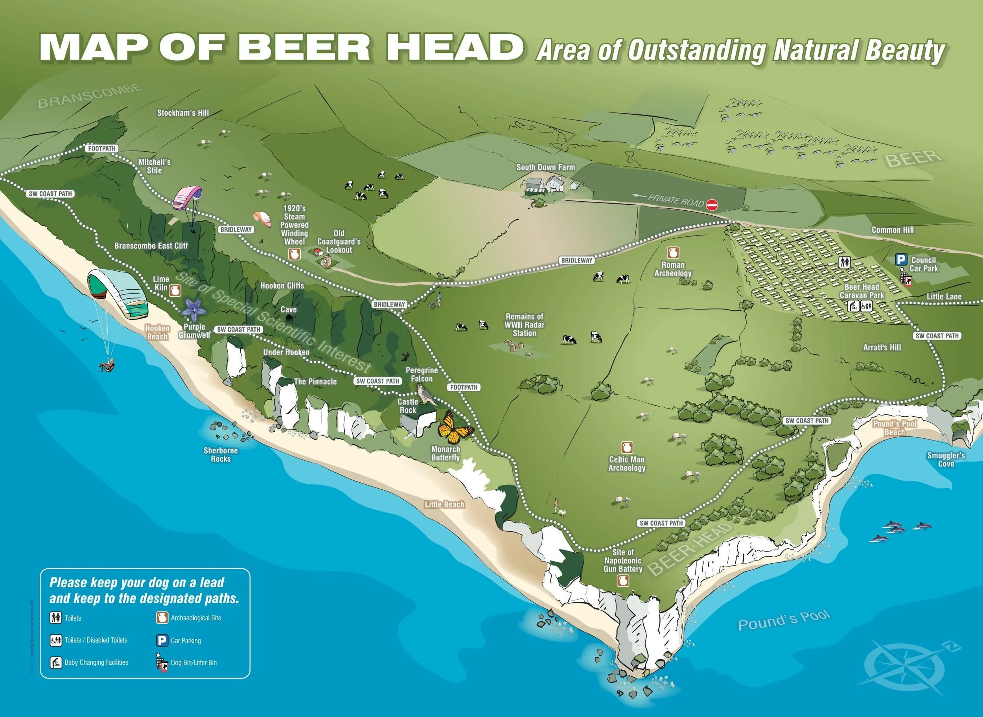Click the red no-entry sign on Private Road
coord(712,204)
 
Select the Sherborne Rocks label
coord(221,454)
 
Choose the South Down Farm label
coord(545,167)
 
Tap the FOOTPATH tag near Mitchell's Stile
coord(102,149)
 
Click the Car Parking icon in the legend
coord(162,641)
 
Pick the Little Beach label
coord(445,504)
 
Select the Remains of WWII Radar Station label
coord(524,325)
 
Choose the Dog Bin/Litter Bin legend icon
coord(162,663)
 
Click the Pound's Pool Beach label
coord(895,428)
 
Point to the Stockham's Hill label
coord(183,113)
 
